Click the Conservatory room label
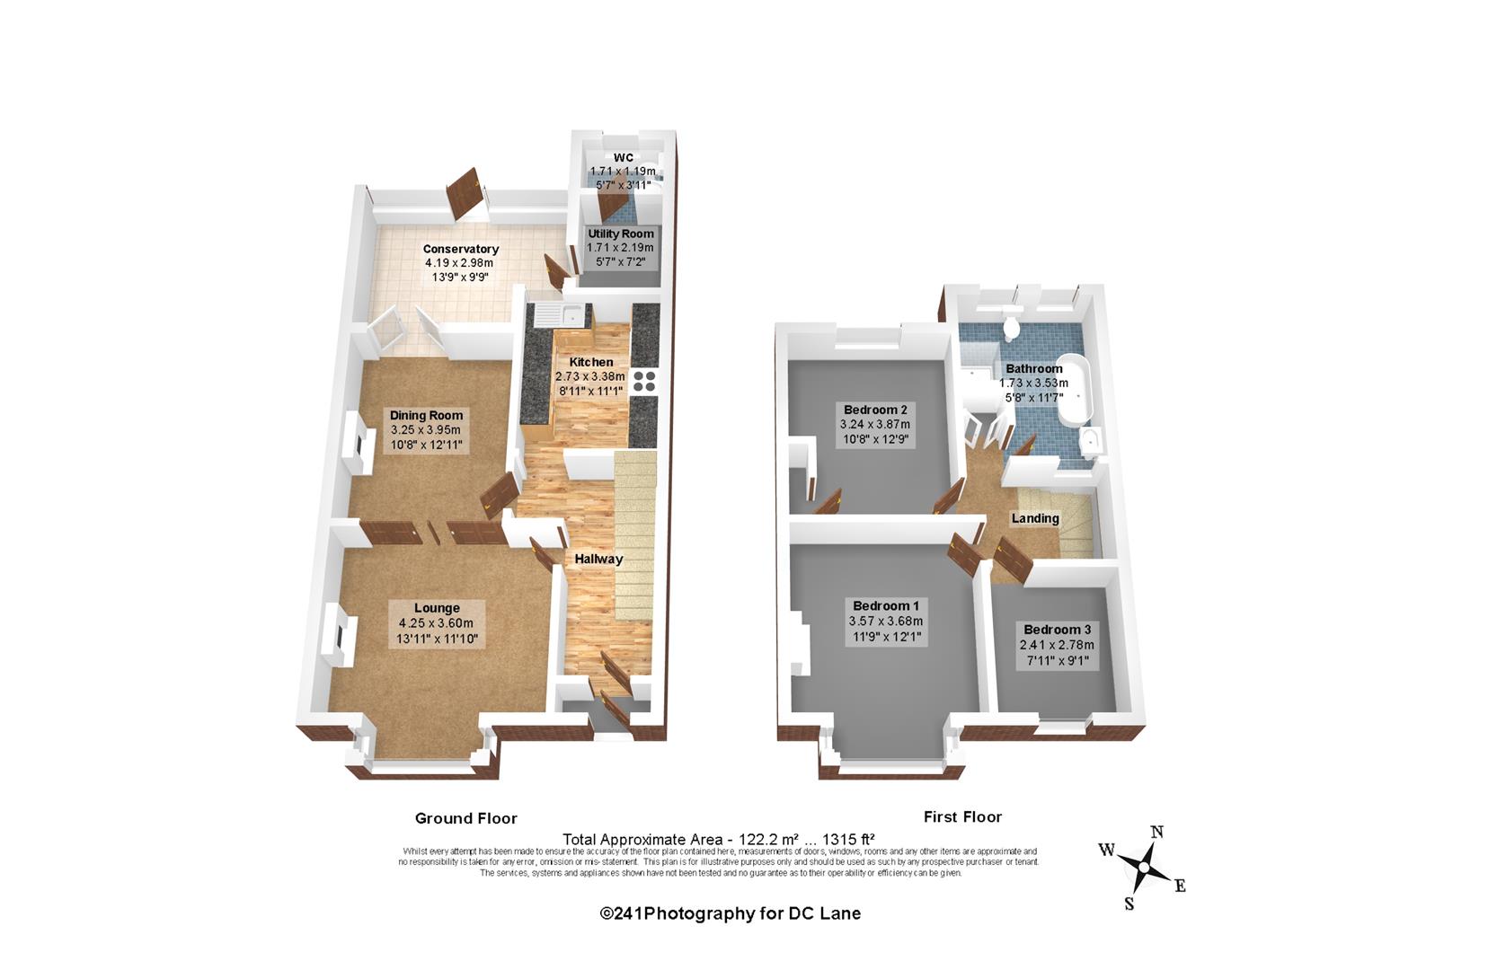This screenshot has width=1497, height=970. tap(460, 249)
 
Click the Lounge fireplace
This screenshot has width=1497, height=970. tap(338, 634)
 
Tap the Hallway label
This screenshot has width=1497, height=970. tap(598, 560)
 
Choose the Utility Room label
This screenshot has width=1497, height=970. tap(621, 234)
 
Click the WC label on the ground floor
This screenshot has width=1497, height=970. tap(624, 158)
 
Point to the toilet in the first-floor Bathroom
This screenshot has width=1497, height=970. tap(1012, 327)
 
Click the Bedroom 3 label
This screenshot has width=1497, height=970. tap(1058, 630)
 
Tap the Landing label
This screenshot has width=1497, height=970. tap(1035, 518)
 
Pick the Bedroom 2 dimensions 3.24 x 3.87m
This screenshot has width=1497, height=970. tap(875, 425)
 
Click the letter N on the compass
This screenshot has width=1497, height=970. tap(1156, 833)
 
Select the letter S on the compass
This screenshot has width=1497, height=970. tap(1129, 904)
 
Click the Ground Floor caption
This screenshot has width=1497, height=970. tap(466, 818)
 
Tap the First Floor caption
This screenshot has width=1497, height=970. tap(963, 816)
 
